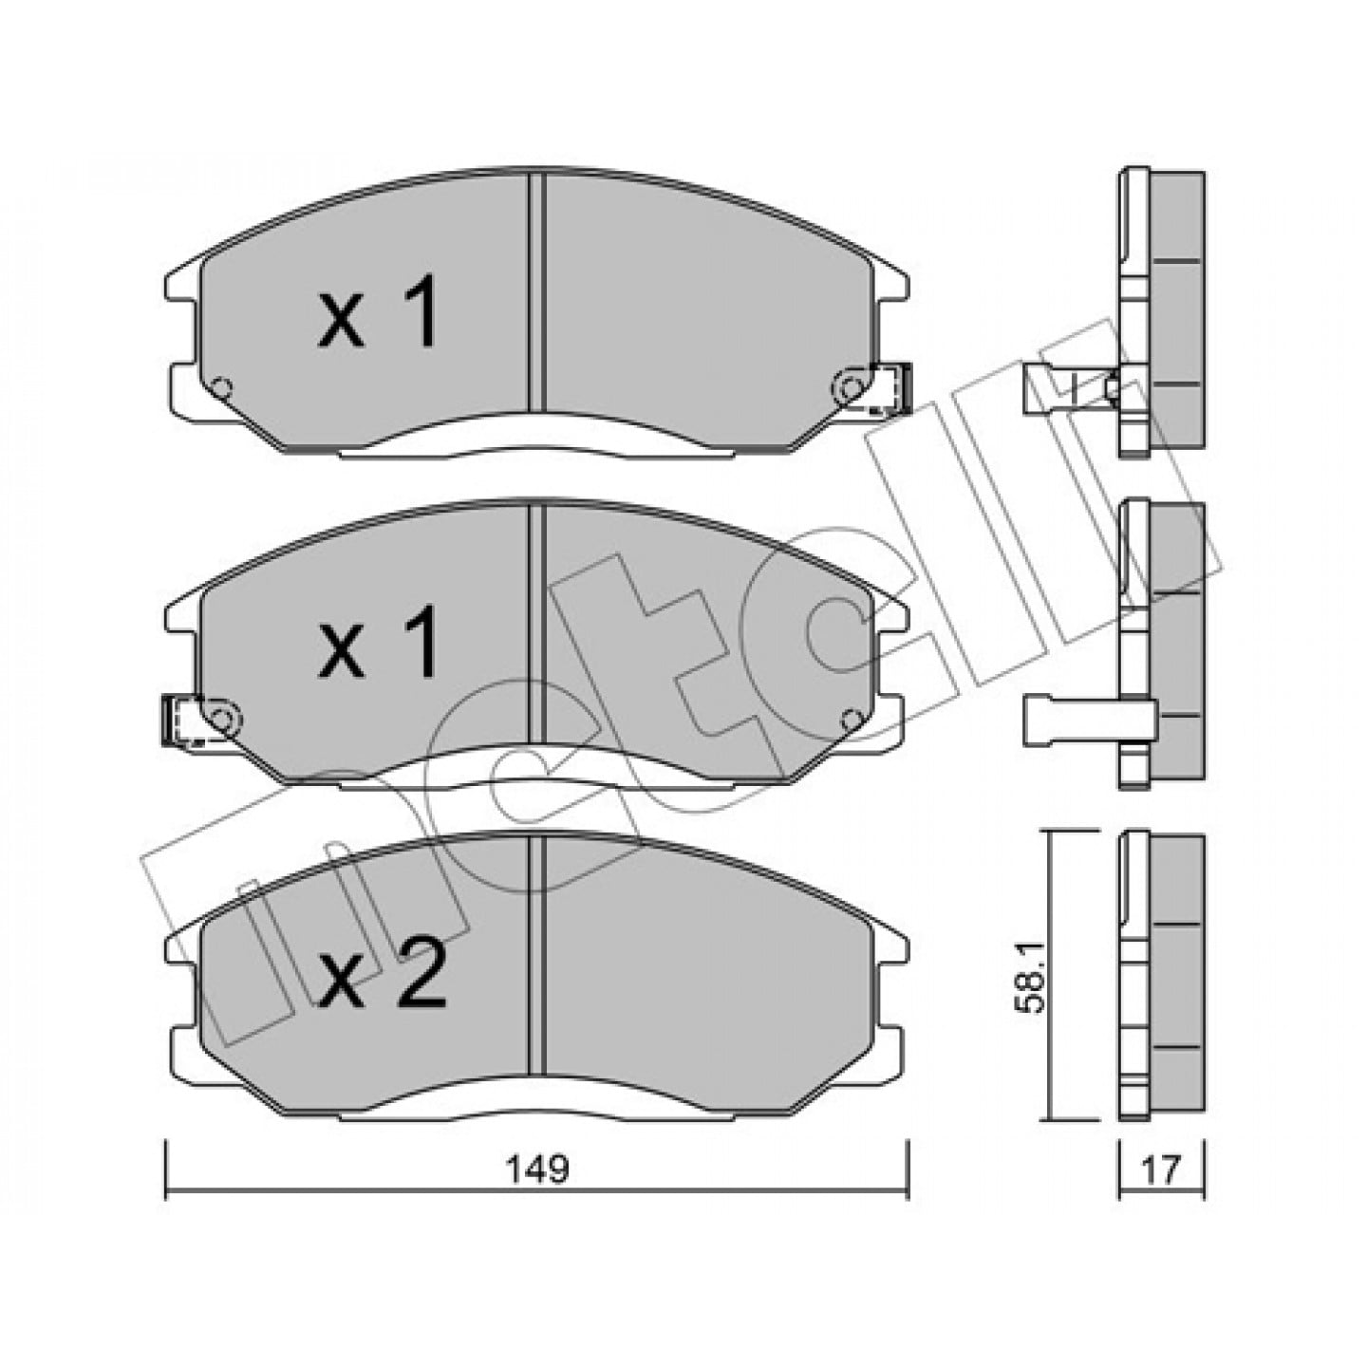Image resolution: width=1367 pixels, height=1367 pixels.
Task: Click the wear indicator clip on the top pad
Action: [891, 387]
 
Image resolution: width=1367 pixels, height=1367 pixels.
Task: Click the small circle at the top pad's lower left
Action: [222, 387]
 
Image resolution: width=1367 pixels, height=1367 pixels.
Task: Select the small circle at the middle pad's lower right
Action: [850, 720]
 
